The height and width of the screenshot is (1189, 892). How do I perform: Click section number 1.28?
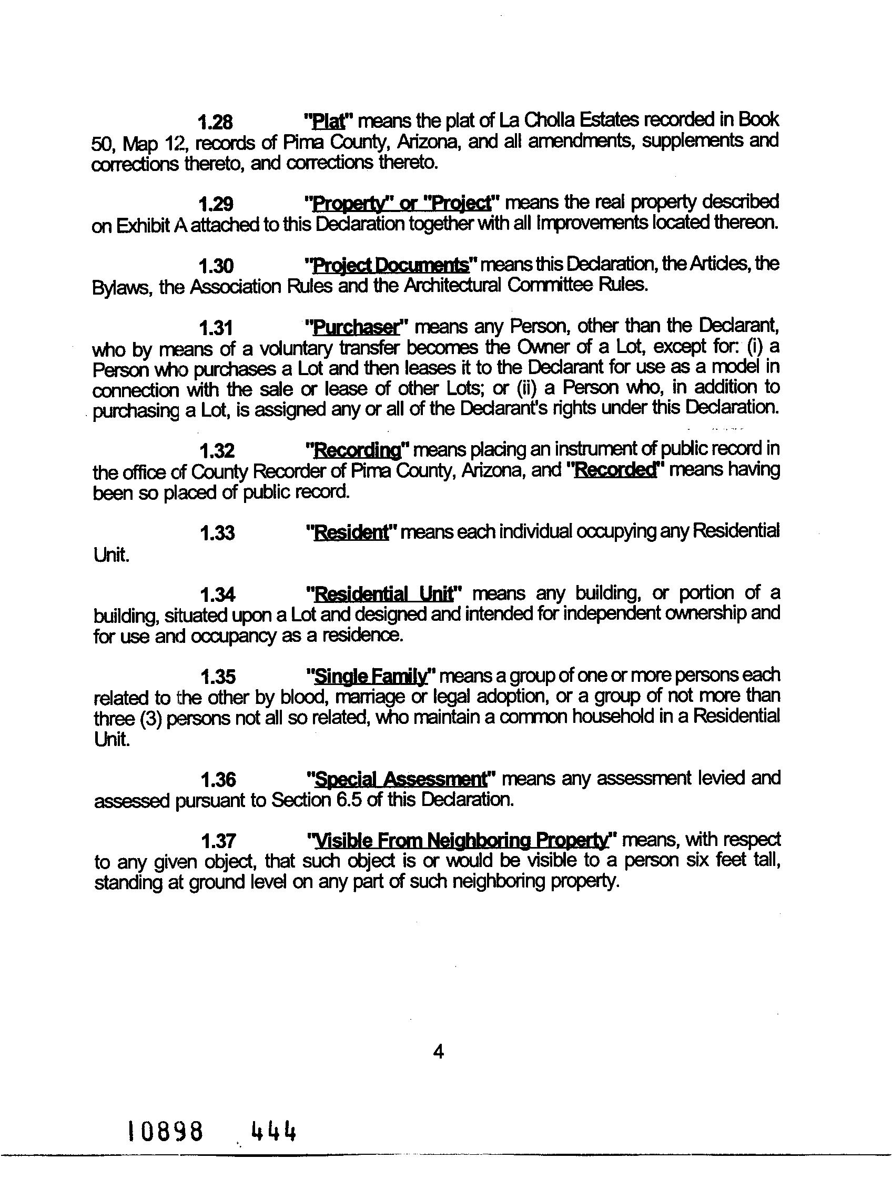pyautogui.click(x=216, y=123)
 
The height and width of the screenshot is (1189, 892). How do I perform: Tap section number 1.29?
pyautogui.click(x=216, y=204)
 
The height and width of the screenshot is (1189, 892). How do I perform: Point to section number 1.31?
pyautogui.click(x=216, y=328)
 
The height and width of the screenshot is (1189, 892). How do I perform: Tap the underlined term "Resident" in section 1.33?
pyautogui.click(x=351, y=533)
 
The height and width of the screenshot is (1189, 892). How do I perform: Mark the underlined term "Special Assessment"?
pyautogui.click(x=400, y=779)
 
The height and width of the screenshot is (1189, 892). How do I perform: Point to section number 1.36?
pyautogui.click(x=218, y=779)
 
